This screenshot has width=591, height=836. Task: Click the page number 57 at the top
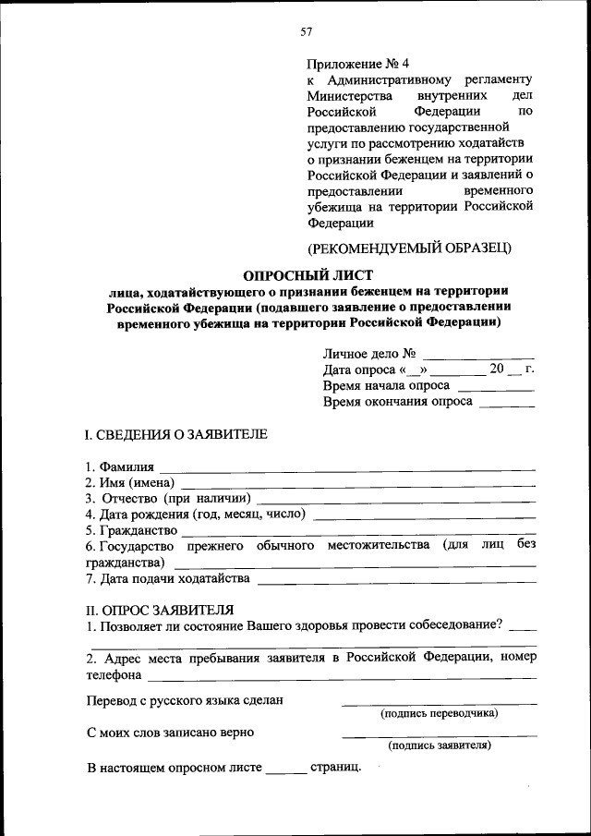pos(307,31)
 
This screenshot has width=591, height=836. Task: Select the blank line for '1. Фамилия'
pos(347,469)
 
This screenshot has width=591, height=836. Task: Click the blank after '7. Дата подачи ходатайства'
pos(397,581)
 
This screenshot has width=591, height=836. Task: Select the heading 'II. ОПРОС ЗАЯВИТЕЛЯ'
pos(160,609)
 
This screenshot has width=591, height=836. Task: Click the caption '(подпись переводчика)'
pos(439,713)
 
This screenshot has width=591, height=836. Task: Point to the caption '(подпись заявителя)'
pos(439,745)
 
